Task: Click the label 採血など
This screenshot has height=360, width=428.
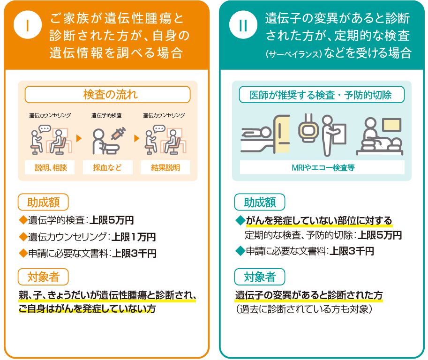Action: click(x=107, y=167)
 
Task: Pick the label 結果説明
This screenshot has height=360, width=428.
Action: click(x=165, y=167)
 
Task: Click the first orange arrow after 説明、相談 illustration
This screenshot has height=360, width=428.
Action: click(x=79, y=138)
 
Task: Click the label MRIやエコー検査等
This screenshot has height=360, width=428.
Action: click(x=322, y=167)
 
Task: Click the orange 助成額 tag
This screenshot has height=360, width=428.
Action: click(x=43, y=202)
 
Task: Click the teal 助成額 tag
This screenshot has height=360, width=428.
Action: click(x=259, y=202)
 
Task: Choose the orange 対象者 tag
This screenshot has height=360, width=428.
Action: click(x=43, y=277)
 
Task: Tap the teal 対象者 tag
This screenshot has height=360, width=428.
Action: click(x=259, y=277)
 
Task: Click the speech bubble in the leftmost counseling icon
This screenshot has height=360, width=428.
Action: click(x=45, y=128)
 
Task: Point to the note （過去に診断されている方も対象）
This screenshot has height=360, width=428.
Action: click(x=304, y=309)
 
